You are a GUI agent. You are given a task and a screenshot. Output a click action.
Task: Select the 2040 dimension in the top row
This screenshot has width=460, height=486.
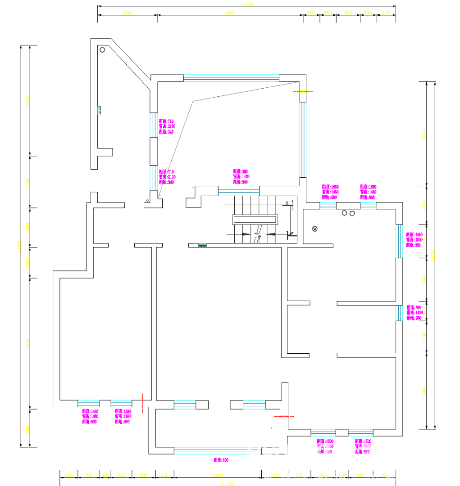pos(128,13)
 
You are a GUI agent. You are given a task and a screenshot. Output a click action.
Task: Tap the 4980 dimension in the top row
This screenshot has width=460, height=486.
pos(230,13)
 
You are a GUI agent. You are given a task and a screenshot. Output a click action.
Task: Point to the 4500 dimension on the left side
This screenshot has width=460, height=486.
pos(27,344)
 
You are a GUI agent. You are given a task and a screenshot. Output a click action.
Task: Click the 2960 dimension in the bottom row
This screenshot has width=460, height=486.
pos(217,475)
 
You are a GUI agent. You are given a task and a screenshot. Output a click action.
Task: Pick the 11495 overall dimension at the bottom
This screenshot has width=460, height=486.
pos(228,484)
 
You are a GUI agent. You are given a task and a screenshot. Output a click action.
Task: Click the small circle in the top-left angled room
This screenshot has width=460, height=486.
pos(102,49)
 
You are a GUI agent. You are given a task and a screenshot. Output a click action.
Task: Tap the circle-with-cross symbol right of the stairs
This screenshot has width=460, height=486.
pos(315,229)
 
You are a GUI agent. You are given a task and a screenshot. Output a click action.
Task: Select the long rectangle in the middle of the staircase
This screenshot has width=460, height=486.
pos(255,220)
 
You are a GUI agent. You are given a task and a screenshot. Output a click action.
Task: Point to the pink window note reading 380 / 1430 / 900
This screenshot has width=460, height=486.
pos(241,177)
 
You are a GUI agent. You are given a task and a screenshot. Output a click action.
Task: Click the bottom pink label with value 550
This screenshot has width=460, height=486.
pos(221,460)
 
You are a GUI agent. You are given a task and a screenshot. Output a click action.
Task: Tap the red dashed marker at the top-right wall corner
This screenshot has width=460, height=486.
pos(303,91)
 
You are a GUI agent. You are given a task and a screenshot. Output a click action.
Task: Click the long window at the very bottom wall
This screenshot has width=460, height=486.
pos(218,450)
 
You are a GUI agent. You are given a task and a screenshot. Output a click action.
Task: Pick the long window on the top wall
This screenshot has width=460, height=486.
pos(231,78)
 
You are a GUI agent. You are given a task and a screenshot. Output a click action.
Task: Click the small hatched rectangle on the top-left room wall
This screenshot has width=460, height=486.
pos(100,110)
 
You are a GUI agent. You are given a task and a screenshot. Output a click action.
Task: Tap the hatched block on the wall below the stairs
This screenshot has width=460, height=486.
pos(202,246)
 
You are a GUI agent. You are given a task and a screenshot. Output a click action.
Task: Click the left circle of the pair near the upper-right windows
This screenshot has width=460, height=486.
pos(345,213)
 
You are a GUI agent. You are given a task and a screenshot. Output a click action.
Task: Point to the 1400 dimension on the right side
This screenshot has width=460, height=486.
pos(424,279)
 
